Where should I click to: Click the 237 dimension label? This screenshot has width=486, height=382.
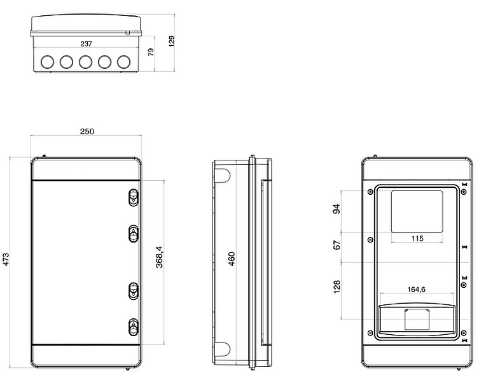point(87,44)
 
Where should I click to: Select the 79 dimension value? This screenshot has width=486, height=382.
point(151,52)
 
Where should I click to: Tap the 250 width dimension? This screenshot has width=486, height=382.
point(87,132)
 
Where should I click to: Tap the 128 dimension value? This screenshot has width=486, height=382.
point(337,286)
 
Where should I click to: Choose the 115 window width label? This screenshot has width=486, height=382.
point(417,238)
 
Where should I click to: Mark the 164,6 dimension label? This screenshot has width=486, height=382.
point(416,290)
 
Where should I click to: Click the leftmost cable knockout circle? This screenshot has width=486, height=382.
point(47,62)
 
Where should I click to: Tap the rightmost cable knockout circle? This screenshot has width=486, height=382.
point(125,62)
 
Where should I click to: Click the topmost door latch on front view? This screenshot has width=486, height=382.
point(134,197)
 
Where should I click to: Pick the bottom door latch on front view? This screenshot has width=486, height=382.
point(134,327)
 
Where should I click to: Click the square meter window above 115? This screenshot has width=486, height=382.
point(417,211)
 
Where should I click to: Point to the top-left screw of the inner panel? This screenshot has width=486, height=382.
point(370,192)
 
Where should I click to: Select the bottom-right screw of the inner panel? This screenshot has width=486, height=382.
point(464,332)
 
